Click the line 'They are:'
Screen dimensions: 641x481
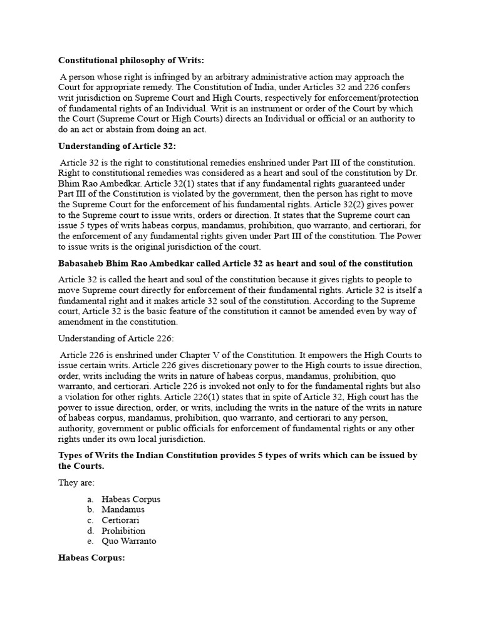coord(76,483)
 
